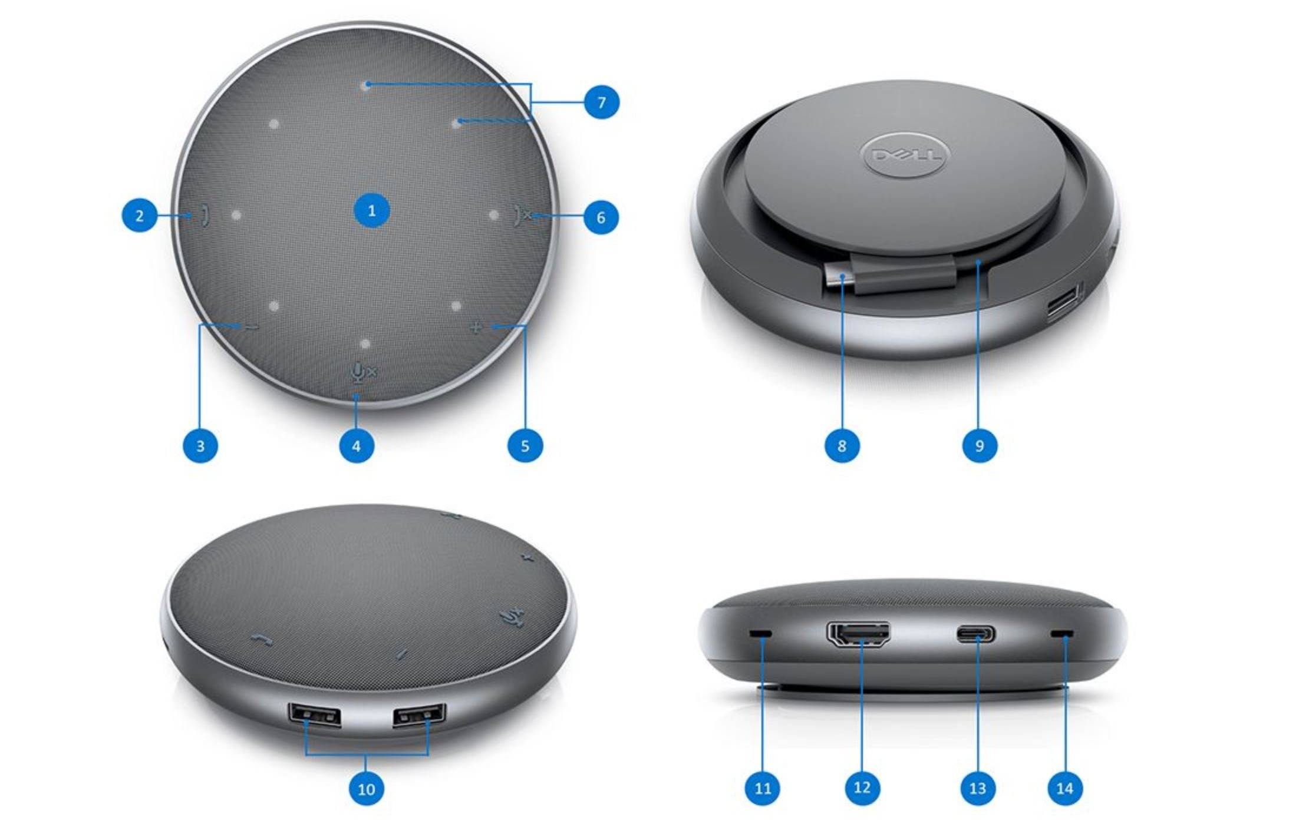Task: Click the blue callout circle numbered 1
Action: click(x=371, y=211)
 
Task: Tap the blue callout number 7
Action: click(x=601, y=102)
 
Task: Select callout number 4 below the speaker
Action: click(x=356, y=446)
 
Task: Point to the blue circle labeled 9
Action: click(x=980, y=445)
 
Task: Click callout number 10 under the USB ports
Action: click(x=366, y=789)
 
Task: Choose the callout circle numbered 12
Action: click(x=862, y=788)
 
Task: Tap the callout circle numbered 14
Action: click(x=1064, y=788)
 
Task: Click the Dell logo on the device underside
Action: click(x=902, y=155)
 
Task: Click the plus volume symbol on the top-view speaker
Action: click(x=476, y=326)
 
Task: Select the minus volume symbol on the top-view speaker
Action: click(x=252, y=328)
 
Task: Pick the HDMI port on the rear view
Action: click(x=858, y=635)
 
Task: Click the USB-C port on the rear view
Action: click(x=977, y=634)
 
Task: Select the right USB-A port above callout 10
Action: click(x=419, y=715)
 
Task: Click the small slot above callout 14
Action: click(x=1062, y=634)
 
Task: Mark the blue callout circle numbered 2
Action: click(x=140, y=216)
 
